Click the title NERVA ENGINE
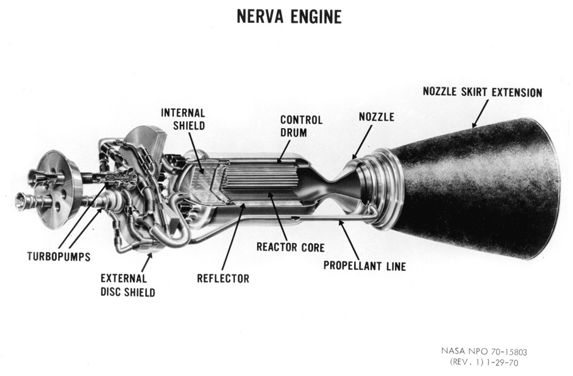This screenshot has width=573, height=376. click(x=289, y=17)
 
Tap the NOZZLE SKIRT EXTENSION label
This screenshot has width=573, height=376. click(x=482, y=92)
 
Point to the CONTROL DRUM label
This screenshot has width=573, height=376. click(x=301, y=125)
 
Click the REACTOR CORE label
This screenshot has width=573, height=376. click(x=290, y=247)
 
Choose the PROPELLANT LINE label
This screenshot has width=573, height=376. click(x=364, y=265)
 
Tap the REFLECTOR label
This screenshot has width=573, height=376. click(x=222, y=278)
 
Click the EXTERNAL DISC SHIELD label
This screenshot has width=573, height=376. click(x=128, y=285)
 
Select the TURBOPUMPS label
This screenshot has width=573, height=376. click(x=59, y=257)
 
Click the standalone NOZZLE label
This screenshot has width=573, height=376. click(x=376, y=117)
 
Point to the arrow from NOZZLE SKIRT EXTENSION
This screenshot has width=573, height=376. click(x=479, y=113)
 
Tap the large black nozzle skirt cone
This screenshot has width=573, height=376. click(x=480, y=187)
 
